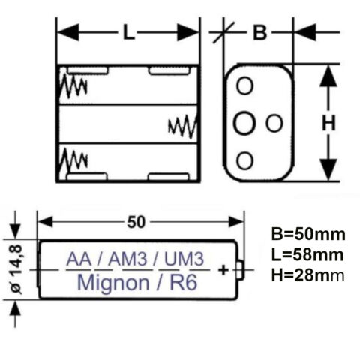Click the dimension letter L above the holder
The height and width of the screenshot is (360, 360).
128,33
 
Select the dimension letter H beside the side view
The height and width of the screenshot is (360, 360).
328,124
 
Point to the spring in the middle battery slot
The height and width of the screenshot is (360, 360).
182,124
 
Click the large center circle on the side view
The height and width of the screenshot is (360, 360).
244,124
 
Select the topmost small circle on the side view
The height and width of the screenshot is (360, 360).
244,86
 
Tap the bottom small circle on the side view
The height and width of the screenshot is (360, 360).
244,160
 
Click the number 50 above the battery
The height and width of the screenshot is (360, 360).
137,221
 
